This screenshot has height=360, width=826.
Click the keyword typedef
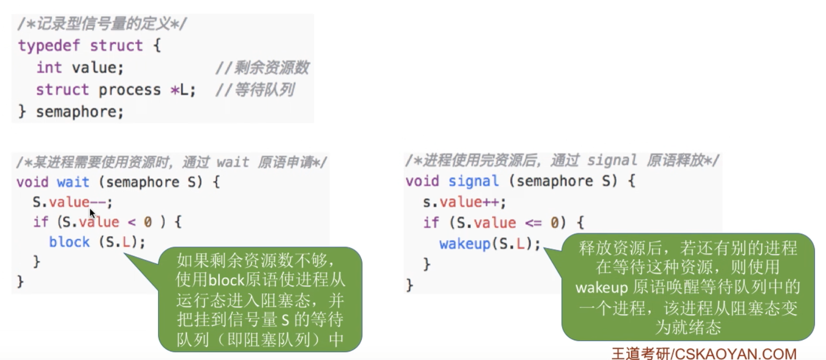pyautogui.click(x=49, y=46)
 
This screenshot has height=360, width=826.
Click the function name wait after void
pyautogui.click(x=73, y=182)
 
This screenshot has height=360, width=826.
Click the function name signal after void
pyautogui.click(x=474, y=182)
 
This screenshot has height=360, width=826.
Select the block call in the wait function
pyautogui.click(x=69, y=242)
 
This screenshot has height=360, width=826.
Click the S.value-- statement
pyautogui.click(x=73, y=202)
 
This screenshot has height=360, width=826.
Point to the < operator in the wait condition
pyautogui.click(x=131, y=222)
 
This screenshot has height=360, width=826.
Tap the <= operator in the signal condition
pyautogui.click(x=533, y=222)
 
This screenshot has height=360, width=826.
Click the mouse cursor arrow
pyautogui.click(x=92, y=213)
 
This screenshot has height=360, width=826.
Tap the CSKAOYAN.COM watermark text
pyautogui.click(x=736, y=353)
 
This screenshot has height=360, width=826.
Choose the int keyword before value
pyautogui.click(x=49, y=68)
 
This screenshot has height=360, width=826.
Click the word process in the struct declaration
pyautogui.click(x=130, y=90)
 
